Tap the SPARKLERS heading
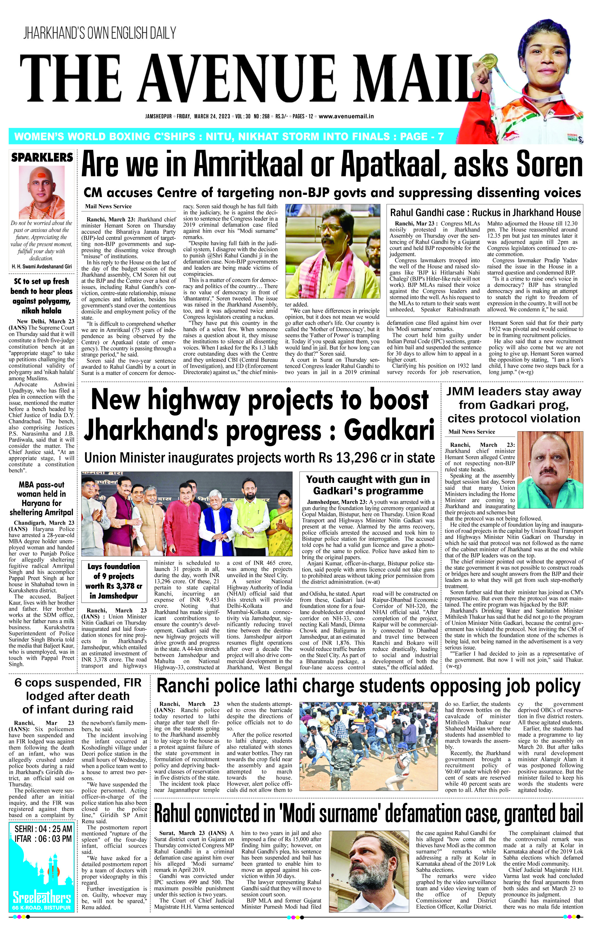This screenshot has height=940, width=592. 42,157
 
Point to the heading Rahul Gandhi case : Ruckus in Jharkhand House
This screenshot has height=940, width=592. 485,213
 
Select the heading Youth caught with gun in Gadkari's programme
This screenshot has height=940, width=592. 368,485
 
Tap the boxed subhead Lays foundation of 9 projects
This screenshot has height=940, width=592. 114,581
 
